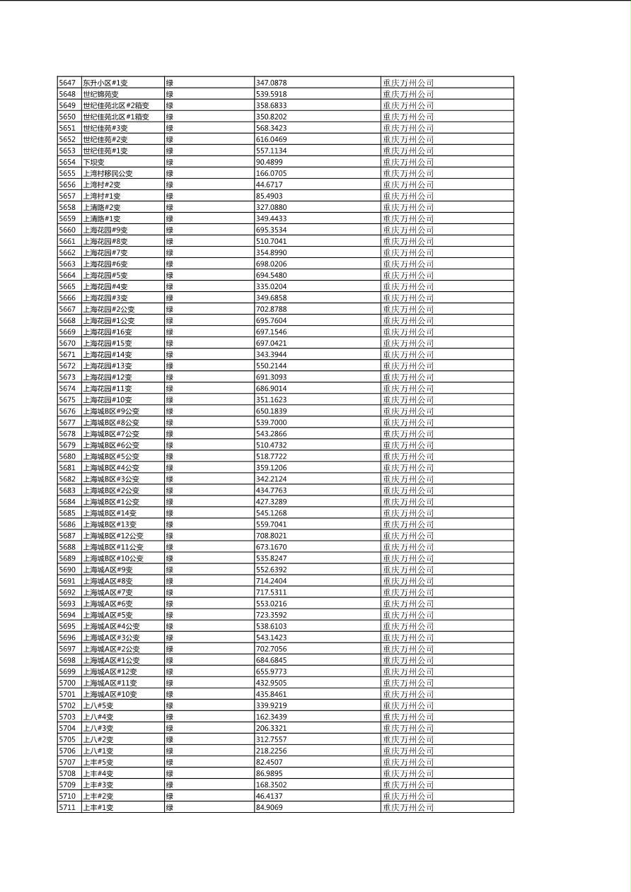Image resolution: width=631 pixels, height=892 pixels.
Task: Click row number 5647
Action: coord(67,83)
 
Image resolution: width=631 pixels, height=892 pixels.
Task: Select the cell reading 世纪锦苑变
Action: coord(100,94)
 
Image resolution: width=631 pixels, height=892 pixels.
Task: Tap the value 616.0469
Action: coord(272,139)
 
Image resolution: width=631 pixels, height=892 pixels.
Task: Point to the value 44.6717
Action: coord(270,184)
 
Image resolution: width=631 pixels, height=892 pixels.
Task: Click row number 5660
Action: coord(67,230)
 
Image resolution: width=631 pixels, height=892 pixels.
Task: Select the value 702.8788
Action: coord(272,309)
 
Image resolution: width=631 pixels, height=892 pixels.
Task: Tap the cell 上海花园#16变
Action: coord(108,331)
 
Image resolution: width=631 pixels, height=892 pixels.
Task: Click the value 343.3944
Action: coord(272,354)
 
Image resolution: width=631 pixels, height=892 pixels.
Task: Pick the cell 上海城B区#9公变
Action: coord(111,411)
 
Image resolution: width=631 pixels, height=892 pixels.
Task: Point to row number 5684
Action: coord(67,502)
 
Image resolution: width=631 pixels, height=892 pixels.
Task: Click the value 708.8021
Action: coord(272,536)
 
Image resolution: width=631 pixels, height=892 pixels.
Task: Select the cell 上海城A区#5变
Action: coord(108,615)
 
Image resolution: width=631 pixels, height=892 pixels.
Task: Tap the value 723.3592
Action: coord(272,615)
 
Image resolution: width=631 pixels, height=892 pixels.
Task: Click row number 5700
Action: coord(67,683)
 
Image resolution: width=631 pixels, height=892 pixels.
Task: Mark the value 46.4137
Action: coord(270,796)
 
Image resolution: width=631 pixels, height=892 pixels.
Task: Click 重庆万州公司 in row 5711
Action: coord(408,807)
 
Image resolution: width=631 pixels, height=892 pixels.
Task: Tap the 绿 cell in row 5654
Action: coord(170,162)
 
